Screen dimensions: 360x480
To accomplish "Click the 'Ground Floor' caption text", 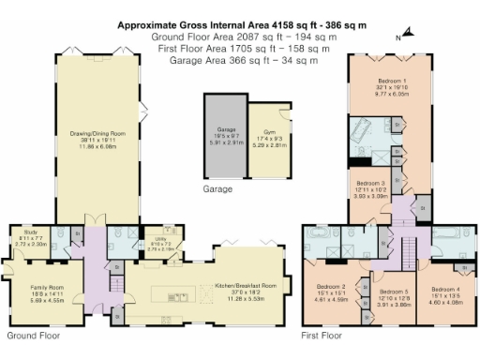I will click(x=32, y=335).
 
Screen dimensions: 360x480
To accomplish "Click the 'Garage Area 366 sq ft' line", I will click(x=243, y=60).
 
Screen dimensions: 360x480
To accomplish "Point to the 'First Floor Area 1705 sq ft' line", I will click(x=242, y=49).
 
